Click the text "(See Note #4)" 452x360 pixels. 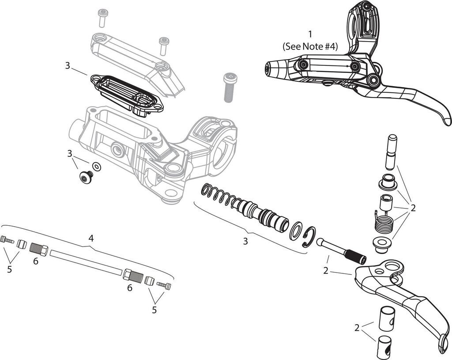point(310,45)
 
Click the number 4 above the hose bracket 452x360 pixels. point(91,238)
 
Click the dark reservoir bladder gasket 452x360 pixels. point(127,93)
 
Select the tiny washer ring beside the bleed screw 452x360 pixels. point(97,167)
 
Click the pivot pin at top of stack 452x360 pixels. point(390,152)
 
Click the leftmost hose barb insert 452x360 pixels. point(6,239)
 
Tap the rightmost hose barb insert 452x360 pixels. point(164,286)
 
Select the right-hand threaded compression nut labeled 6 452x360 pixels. point(133,276)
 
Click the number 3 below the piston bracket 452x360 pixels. point(245,241)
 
